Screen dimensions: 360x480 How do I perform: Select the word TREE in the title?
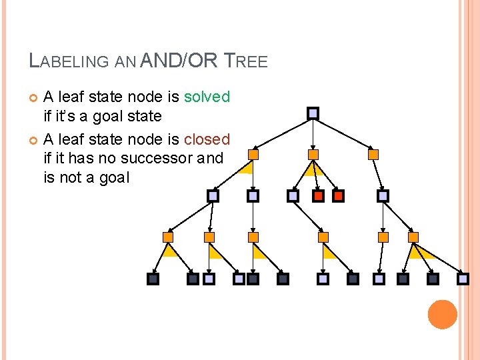tap(245, 62)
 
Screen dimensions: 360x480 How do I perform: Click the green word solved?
tap(207, 97)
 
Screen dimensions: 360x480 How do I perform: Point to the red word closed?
tap(207, 139)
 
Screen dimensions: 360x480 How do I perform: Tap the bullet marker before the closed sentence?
tap(35, 140)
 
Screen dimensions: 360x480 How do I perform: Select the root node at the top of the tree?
tap(313, 113)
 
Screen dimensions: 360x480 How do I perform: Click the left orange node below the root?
tap(253, 155)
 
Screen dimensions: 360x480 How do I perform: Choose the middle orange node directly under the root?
tap(313, 155)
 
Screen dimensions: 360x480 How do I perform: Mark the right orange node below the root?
tap(373, 155)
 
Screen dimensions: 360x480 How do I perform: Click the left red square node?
tap(319, 196)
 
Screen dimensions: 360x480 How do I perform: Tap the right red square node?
tap(338, 196)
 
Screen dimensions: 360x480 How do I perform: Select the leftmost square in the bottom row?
tap(153, 279)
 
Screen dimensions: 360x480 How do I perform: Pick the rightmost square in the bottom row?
tap(463, 279)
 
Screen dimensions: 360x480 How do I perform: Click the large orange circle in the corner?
tap(443, 314)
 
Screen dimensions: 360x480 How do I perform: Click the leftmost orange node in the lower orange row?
tap(168, 237)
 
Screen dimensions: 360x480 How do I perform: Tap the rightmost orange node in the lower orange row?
tap(413, 237)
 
